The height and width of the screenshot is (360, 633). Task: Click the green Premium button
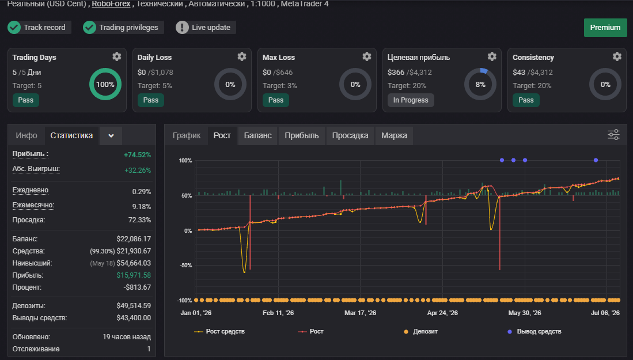605,28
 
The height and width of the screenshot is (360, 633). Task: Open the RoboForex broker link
111,4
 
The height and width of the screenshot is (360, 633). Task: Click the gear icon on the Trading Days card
117,56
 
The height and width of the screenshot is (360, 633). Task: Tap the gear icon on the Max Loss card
366,56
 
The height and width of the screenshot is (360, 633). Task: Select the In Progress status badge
411,100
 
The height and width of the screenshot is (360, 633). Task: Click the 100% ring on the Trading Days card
105,71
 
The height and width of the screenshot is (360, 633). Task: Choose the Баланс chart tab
257,135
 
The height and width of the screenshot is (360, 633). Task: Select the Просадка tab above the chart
350,135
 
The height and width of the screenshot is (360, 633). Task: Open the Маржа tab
394,135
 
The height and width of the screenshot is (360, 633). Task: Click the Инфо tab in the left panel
26,135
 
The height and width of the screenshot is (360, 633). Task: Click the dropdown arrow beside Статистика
111,135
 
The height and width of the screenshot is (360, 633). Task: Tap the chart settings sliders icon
613,135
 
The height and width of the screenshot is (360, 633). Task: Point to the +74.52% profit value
137,154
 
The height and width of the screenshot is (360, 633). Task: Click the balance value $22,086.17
134,239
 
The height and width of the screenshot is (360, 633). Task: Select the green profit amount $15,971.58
134,275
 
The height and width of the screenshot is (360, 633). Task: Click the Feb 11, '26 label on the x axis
278,313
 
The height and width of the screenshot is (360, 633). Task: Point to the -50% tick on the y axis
185,266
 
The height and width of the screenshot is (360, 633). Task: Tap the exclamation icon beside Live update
182,28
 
